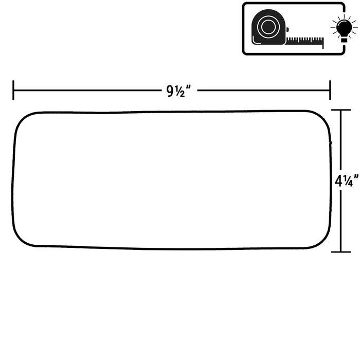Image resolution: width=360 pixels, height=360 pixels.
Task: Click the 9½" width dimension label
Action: [178, 91]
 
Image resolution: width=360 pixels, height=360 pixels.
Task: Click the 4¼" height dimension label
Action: [347, 181]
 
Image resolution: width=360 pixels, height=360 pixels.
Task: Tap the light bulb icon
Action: [344, 28]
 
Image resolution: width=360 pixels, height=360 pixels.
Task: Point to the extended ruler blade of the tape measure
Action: [305, 41]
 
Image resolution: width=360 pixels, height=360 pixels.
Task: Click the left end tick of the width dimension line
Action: [13, 90]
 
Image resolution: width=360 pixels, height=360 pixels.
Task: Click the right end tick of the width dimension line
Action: [330, 90]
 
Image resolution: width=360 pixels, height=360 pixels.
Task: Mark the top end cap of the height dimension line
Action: [340, 110]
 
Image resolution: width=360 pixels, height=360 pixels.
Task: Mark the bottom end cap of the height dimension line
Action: [340, 252]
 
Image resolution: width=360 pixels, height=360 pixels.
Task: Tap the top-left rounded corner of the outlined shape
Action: [22, 120]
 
